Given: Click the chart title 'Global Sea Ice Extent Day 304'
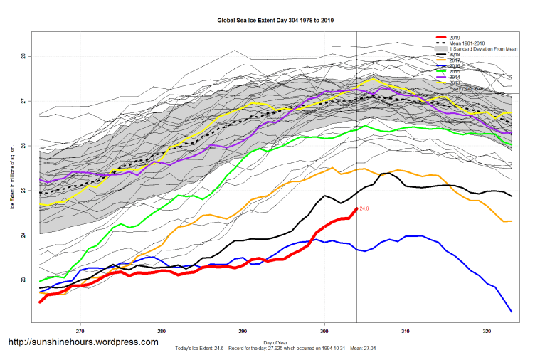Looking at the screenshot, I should pyautogui.click(x=275, y=21).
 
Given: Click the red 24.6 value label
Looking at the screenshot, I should pyautogui.click(x=364, y=208).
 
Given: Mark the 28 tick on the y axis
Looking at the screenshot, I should pyautogui.click(x=23, y=56).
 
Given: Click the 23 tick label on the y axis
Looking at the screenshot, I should pyautogui.click(x=23, y=280).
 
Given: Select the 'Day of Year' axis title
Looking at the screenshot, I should pyautogui.click(x=275, y=343).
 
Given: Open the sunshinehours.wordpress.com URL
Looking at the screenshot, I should pyautogui.click(x=83, y=342).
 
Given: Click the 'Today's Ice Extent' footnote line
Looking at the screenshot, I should pyautogui.click(x=275, y=349).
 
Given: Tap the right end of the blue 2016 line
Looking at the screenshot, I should pyautogui.click(x=512, y=312).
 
